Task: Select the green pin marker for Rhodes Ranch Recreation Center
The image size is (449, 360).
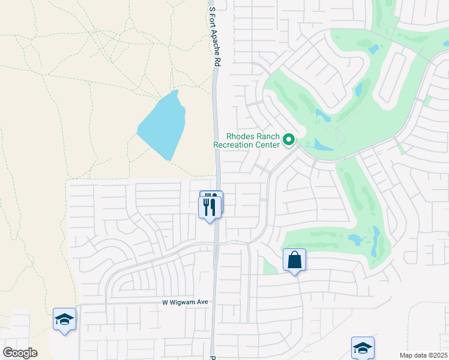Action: point(289,140)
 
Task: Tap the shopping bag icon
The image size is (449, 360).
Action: point(294,260)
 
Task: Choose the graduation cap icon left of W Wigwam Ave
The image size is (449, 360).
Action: point(64,319)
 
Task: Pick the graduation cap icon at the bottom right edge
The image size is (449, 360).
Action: point(363,347)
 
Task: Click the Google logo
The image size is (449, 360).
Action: point(20,353)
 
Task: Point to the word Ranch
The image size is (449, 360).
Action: point(267,137)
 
